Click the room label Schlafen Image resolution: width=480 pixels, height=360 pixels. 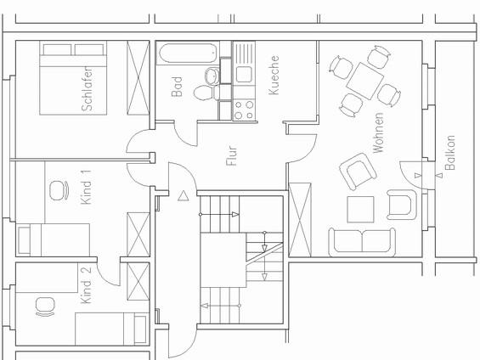click(x=87, y=88)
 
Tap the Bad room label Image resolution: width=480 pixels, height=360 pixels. click(x=177, y=86)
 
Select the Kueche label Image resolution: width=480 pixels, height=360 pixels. click(x=274, y=75)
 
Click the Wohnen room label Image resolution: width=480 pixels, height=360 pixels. click(x=377, y=132)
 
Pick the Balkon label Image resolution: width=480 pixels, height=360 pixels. click(x=450, y=153)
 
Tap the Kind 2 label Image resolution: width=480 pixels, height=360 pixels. click(x=85, y=286)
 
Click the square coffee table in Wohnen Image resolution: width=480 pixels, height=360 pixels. click(x=360, y=209)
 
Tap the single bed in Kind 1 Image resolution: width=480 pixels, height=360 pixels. click(x=54, y=239)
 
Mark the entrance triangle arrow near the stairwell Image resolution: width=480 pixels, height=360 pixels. click(x=184, y=195)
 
